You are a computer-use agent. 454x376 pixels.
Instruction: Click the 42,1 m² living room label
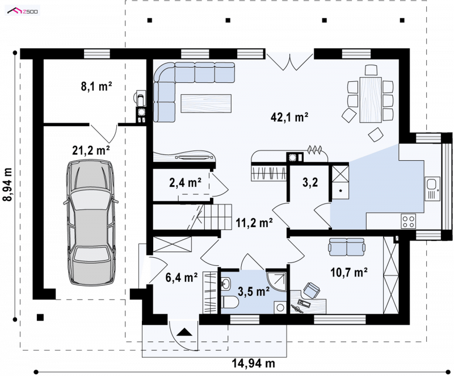(x=289, y=117)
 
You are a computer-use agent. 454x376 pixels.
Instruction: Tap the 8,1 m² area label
(x=96, y=86)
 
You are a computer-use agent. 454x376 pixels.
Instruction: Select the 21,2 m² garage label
(x=91, y=151)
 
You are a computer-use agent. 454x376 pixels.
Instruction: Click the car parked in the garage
(x=91, y=223)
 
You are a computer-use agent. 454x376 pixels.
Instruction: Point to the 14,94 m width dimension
(x=253, y=362)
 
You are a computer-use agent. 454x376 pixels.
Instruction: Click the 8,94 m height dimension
(x=8, y=184)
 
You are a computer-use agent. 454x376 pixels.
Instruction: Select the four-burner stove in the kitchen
(x=408, y=221)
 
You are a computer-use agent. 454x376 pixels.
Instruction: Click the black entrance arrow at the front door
(x=184, y=332)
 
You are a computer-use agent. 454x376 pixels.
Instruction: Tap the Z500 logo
(x=23, y=11)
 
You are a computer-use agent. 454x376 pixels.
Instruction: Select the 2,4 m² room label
(x=186, y=182)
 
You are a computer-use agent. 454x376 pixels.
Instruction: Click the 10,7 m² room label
(x=349, y=272)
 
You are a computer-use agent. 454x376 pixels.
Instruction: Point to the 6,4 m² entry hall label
(x=182, y=277)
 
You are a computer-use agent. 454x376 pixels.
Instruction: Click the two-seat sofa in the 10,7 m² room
(x=347, y=247)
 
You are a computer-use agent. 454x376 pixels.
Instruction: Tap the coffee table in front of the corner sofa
(x=206, y=103)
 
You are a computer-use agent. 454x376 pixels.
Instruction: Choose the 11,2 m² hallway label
(x=254, y=223)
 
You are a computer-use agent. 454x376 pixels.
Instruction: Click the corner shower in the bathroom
(x=276, y=281)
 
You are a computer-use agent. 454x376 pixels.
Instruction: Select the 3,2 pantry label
(x=310, y=182)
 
